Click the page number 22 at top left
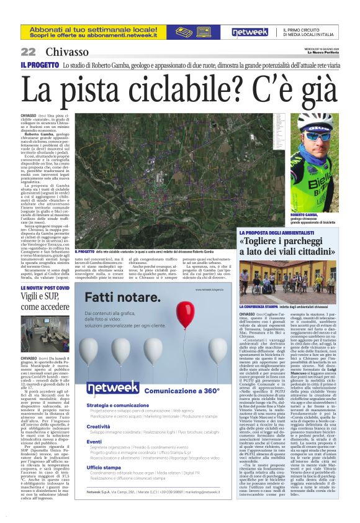[x=28, y=52]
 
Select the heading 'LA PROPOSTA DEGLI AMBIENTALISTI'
[x=282, y=232]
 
